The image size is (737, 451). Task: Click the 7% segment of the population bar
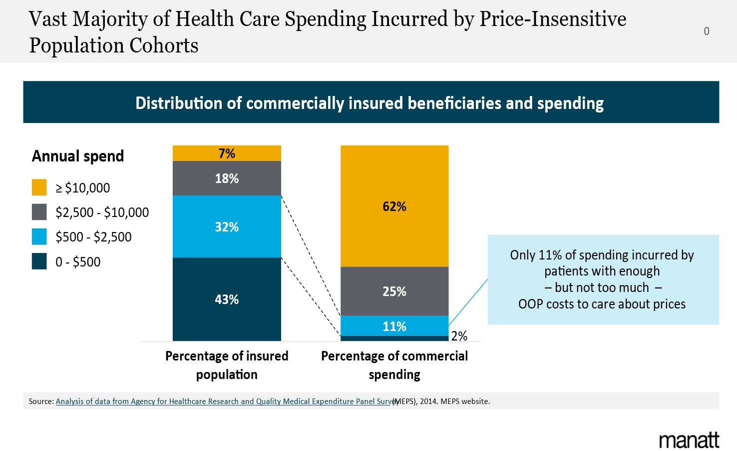point(227,153)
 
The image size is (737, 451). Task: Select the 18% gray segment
point(227,178)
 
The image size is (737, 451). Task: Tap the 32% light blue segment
point(227,226)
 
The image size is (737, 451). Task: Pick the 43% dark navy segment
point(227,299)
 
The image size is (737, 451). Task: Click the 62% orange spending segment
point(394,206)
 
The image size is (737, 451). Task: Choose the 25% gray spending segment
point(394,291)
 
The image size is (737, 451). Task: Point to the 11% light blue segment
point(394,326)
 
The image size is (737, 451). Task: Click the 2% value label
point(459,336)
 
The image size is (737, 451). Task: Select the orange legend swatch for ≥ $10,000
point(39,187)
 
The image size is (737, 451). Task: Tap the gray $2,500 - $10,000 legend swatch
point(39,212)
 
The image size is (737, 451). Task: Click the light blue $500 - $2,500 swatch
point(39,236)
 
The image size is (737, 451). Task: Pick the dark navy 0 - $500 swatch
point(39,261)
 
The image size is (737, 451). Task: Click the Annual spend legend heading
point(78,156)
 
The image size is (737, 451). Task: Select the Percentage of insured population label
point(227,365)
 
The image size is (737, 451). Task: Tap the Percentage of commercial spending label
point(394,365)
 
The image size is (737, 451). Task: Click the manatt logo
point(689,440)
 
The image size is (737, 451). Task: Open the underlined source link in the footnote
point(225,401)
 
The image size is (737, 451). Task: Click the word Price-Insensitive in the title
point(553,19)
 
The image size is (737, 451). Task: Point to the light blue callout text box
point(603,279)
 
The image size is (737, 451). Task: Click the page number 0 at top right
point(707,31)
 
